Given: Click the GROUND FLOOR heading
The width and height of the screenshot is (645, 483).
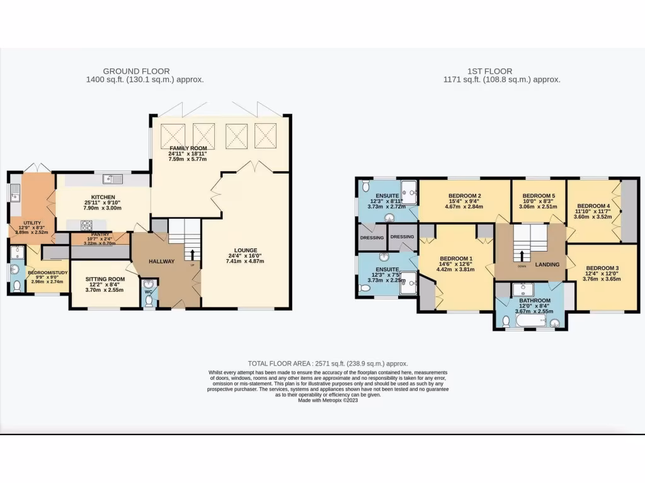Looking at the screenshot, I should [136, 72].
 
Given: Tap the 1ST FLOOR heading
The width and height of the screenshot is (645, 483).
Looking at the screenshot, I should [489, 72].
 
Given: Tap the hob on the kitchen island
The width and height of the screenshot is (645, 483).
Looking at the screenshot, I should [86, 224].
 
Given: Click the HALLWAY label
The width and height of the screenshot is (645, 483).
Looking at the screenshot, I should [161, 261].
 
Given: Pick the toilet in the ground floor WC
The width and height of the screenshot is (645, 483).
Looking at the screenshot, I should [149, 301].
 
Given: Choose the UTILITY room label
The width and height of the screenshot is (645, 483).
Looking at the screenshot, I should [32, 223].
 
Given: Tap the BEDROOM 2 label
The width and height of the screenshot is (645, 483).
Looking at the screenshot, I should [464, 196].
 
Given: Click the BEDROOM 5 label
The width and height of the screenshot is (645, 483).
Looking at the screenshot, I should [538, 196].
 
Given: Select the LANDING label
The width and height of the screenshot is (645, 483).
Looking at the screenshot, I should [547, 264].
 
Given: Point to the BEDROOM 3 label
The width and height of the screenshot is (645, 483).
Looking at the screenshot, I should [602, 268].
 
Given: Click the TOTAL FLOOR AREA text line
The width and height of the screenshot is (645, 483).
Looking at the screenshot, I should [328, 364].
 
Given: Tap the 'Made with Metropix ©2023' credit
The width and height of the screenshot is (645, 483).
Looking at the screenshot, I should [328, 400].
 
